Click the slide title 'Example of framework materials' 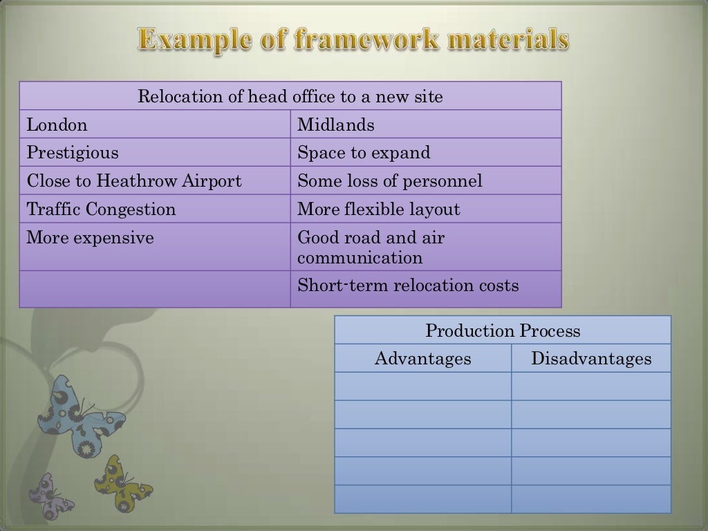[353, 39]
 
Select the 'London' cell [57, 125]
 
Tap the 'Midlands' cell [336, 125]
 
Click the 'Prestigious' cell [73, 153]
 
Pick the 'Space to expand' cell [364, 153]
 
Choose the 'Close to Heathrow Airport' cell [134, 181]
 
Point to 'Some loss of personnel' [390, 181]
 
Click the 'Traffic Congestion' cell [101, 209]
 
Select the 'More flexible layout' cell [379, 209]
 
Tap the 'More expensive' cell [90, 239]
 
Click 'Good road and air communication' [371, 248]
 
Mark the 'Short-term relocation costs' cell [408, 286]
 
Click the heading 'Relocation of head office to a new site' [290, 96]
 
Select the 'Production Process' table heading [503, 330]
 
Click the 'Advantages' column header [422, 359]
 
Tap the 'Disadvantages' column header [591, 359]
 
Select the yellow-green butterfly [122, 483]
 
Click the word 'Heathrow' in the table [137, 181]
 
